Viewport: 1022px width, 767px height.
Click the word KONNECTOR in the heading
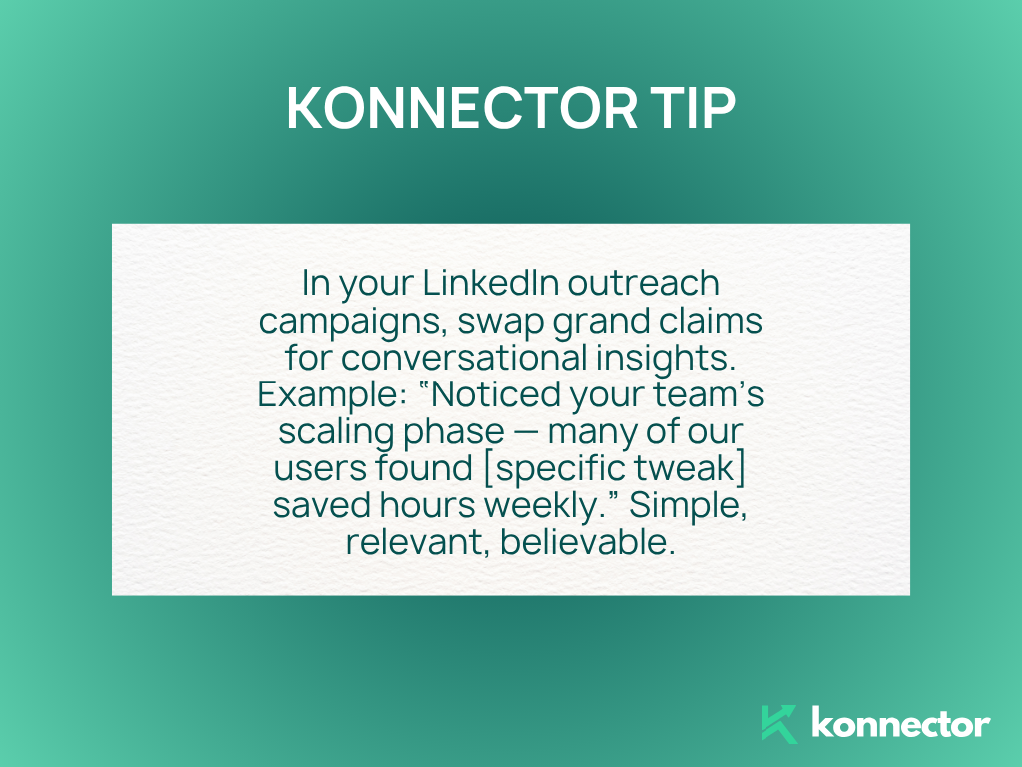point(462,108)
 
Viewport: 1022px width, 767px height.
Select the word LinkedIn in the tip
point(491,283)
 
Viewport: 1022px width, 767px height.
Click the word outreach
point(644,283)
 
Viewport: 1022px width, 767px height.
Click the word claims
point(711,321)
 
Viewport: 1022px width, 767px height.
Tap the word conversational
point(465,358)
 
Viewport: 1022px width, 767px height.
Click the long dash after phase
point(526,432)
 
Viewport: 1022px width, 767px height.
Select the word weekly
point(551,506)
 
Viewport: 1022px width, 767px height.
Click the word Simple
point(688,506)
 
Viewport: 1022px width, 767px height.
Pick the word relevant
point(418,543)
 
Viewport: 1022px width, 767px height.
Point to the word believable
point(587,543)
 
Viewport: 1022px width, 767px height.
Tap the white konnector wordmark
point(901,723)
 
